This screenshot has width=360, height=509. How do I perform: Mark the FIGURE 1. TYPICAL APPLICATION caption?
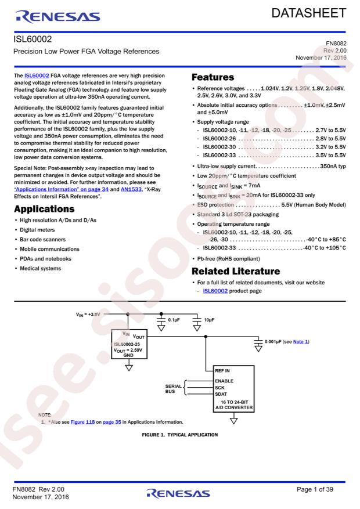coord(179,435)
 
